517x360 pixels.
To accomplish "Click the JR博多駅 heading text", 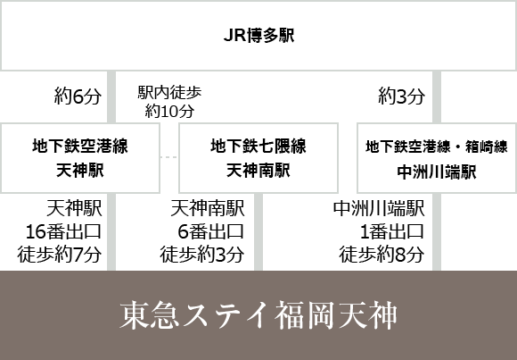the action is coord(258,36).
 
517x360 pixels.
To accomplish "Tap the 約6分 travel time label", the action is coord(78,96).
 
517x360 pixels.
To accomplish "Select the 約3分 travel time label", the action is coord(402,96).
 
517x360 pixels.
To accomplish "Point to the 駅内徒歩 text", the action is coord(169,93).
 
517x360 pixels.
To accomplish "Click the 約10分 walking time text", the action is coord(169,111).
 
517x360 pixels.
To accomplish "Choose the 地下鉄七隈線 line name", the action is coord(258,147).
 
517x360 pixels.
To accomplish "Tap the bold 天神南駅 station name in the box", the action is coord(258,171).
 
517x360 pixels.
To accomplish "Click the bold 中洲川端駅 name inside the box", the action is coord(437,172).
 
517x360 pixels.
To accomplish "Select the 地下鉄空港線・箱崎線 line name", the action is coord(437,147).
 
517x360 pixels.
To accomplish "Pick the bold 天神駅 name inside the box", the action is coord(80,171).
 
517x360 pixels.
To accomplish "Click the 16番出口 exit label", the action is coord(63,231).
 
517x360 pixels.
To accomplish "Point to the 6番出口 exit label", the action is coord(211,231).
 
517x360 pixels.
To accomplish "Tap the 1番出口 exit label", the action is coord(392,231).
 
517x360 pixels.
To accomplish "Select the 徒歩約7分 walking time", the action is coord(60,255).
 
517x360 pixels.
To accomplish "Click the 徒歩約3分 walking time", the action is coord(202,255).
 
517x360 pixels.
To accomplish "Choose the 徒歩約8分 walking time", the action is coord(382,255).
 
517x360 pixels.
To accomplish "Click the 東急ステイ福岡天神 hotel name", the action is coord(258,315).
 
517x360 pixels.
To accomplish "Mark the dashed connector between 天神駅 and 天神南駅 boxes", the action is coord(169,157).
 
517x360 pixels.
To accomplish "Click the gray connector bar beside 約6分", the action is coord(111,96).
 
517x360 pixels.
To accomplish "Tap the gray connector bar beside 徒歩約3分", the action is coord(258,231).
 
